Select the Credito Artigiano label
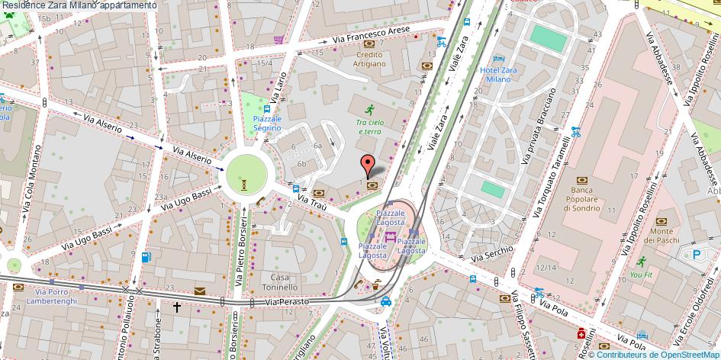(x=370, y=59)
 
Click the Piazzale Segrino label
(x=267, y=124)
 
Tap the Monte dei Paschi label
(x=661, y=236)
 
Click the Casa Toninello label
(x=279, y=282)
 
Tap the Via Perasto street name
(x=288, y=302)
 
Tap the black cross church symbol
(x=177, y=307)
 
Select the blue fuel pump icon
(x=146, y=257)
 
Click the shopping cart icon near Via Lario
(x=279, y=40)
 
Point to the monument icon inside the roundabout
(x=243, y=183)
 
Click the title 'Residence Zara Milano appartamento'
(x=79, y=5)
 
